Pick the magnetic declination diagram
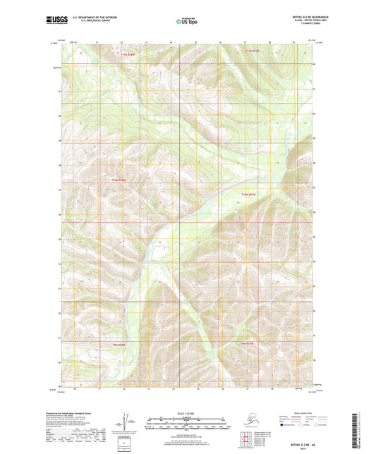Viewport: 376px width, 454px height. point(125,421)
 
